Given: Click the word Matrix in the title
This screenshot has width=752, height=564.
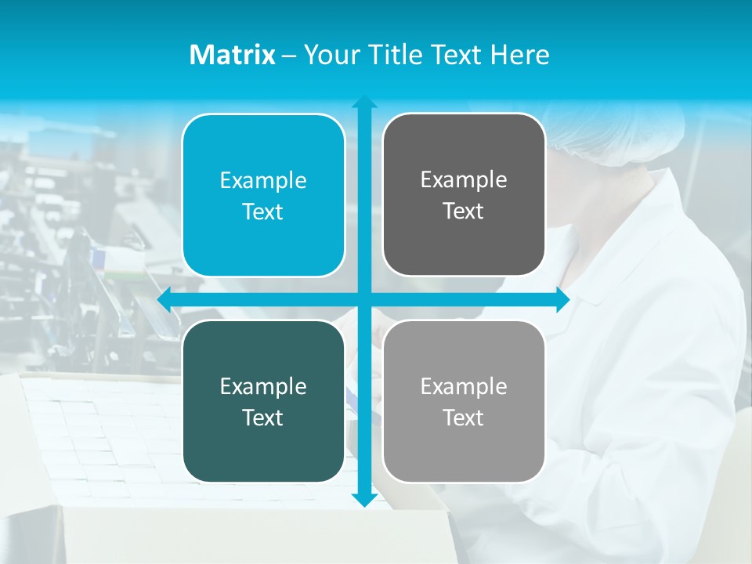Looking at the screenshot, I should (x=232, y=55).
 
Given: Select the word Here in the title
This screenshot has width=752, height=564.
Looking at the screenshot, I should (x=519, y=55).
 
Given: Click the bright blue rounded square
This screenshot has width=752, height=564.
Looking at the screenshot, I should (x=263, y=195).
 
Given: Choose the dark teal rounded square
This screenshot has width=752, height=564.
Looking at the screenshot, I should (x=263, y=401).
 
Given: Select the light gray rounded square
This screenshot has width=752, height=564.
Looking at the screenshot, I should (x=464, y=401).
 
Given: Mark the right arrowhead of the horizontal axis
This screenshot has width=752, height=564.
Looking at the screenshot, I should (x=562, y=299).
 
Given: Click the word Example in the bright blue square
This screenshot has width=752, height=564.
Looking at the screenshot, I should (x=263, y=180).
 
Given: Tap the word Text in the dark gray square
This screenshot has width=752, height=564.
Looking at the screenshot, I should (x=464, y=211).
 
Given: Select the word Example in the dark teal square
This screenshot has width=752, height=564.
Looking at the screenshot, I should (x=263, y=386).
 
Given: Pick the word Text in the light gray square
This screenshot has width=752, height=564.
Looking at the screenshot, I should (x=464, y=418).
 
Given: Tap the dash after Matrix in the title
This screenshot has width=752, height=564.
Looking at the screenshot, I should (x=289, y=56).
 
